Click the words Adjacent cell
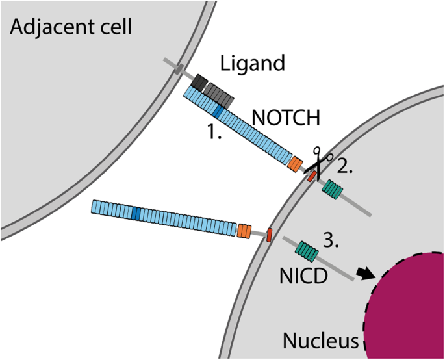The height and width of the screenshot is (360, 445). point(70,27)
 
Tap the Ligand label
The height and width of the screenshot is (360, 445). point(253,63)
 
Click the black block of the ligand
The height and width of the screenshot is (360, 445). point(200,83)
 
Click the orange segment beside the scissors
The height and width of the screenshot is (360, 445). point(296,164)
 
